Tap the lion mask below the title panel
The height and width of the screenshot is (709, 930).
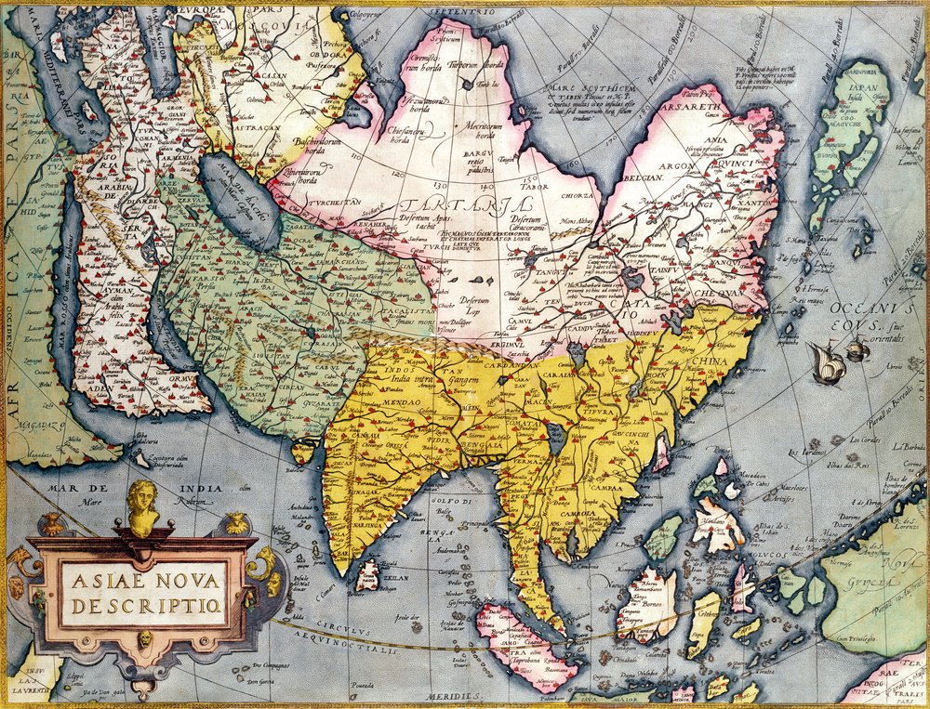pyautogui.click(x=146, y=639)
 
